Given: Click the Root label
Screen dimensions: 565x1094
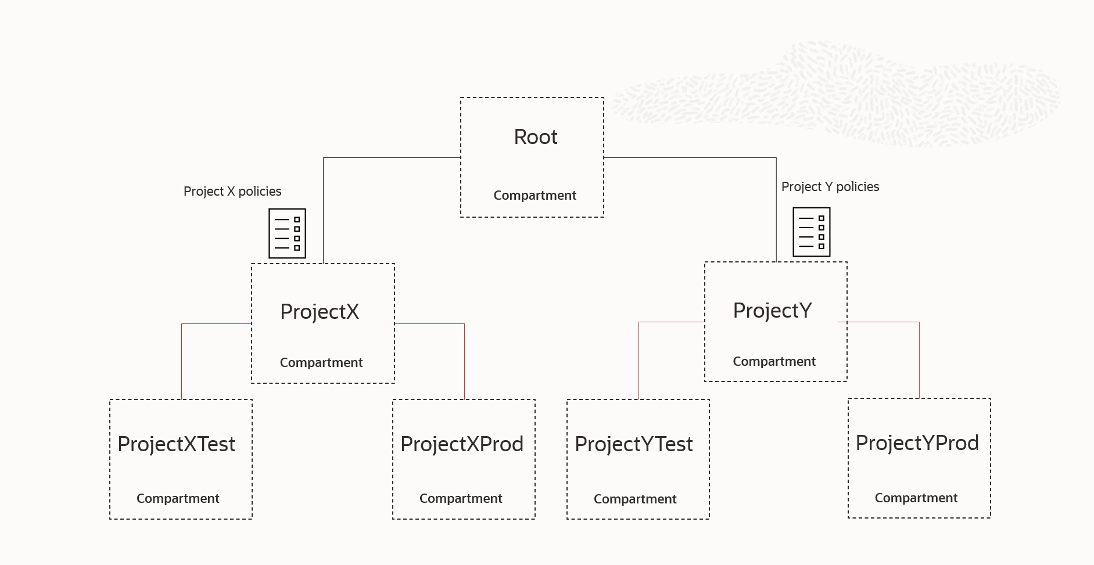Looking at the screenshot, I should [x=535, y=137].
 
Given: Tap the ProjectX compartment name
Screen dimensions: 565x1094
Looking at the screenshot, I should [x=320, y=312].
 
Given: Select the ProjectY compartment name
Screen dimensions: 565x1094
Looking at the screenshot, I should [x=772, y=311].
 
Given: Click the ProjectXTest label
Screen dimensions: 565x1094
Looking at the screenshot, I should [x=176, y=444].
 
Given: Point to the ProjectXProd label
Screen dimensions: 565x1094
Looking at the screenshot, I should [x=462, y=444].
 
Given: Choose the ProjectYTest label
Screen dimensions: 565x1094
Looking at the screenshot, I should [x=633, y=444].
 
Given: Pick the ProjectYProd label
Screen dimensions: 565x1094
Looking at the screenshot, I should [x=917, y=443].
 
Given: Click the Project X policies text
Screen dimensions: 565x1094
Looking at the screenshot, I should [x=232, y=192].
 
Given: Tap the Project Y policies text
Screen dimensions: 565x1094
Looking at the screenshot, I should [x=830, y=187].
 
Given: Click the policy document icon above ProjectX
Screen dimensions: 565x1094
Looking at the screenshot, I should [x=287, y=233].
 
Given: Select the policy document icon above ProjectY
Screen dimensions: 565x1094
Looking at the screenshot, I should [x=812, y=232].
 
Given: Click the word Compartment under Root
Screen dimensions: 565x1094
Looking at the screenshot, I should [x=535, y=196].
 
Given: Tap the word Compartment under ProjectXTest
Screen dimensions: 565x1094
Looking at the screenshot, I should [x=178, y=499].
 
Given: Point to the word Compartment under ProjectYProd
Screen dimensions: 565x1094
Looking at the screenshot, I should [x=916, y=498].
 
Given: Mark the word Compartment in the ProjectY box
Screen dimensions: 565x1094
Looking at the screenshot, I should [x=774, y=362].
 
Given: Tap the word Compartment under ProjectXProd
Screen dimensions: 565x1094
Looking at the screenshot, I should [x=461, y=499].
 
